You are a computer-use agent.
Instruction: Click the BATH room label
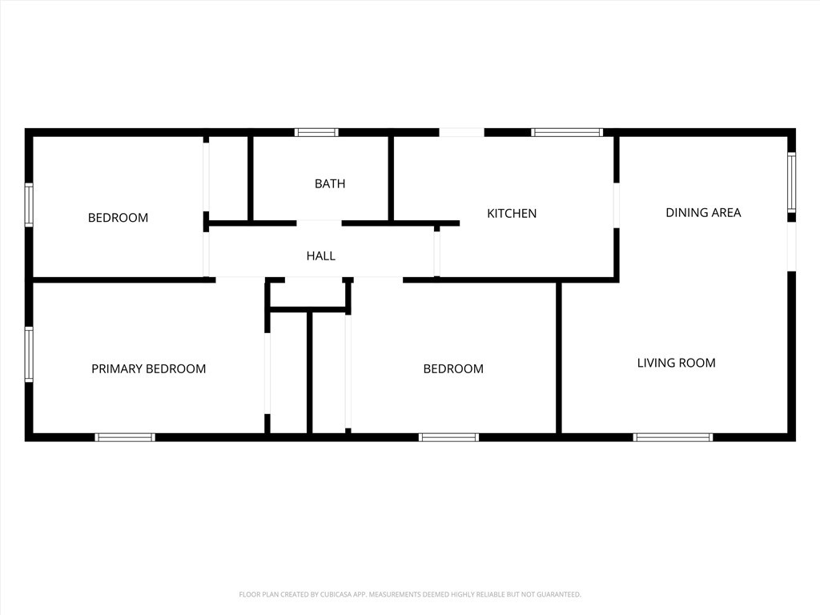[330, 183]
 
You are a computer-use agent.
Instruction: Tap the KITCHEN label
[512, 213]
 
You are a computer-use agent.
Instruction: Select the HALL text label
[320, 255]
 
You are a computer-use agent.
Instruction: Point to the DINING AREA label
[703, 212]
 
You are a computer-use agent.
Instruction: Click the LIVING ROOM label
[676, 363]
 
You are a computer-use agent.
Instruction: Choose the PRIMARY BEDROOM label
[148, 368]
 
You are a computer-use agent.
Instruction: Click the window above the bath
[316, 132]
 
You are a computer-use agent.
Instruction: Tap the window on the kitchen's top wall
[567, 132]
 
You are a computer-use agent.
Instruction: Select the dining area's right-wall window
[791, 182]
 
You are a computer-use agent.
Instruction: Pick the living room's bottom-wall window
[673, 437]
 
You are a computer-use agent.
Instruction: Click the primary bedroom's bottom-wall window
[125, 437]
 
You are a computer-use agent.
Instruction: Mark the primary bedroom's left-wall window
[30, 354]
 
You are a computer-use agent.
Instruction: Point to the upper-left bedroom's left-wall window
[30, 204]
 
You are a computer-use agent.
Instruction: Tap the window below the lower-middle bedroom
[448, 437]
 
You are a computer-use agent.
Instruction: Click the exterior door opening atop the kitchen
[462, 132]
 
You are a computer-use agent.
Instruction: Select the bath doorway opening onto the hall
[319, 223]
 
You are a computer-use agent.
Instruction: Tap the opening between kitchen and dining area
[617, 205]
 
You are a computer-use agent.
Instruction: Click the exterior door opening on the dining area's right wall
[792, 247]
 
